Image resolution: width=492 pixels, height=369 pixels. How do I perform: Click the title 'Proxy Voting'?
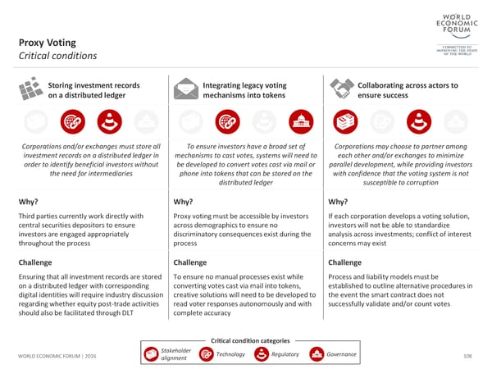[x=48, y=42]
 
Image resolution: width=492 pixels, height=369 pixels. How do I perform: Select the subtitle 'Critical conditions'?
[x=57, y=56]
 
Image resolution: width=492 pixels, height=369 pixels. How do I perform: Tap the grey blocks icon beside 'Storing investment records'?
[x=30, y=88]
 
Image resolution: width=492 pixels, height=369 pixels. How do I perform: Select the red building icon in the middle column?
[x=301, y=121]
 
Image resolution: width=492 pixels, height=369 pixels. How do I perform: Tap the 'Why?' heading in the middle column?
[x=184, y=203]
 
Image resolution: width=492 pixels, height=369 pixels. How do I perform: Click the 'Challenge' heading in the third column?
[x=344, y=262]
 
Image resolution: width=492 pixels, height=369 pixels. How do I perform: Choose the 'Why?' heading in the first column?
[x=30, y=203]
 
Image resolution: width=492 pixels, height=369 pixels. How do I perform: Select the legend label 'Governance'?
[x=341, y=354]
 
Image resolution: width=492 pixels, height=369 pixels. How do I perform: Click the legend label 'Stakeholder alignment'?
[x=176, y=354]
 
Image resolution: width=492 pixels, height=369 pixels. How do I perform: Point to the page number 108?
[x=468, y=355]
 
